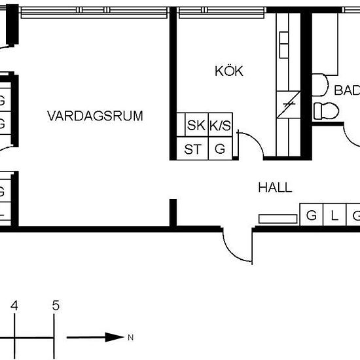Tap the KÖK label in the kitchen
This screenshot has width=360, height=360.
228,71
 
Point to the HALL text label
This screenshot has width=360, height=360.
274,188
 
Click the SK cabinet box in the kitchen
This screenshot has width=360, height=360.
195,126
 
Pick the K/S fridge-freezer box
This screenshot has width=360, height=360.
220,126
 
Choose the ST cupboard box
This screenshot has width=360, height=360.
192,149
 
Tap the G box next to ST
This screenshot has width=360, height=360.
220,149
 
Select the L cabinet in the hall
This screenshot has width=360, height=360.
334,215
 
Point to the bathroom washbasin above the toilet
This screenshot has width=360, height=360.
320,83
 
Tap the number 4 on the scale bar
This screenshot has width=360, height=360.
13,305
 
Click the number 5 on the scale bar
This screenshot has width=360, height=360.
56,305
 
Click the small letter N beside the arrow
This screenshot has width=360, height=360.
131,338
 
